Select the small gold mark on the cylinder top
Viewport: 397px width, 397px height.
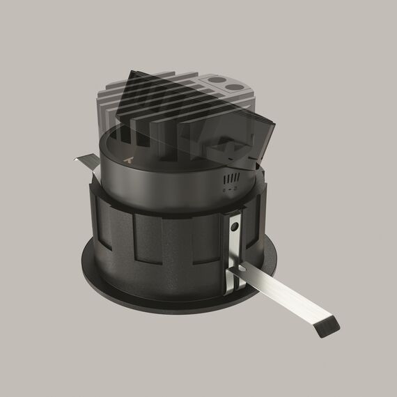coord(127,159)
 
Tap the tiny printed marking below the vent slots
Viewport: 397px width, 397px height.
coord(229,189)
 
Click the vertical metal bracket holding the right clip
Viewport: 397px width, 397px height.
coord(234,244)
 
